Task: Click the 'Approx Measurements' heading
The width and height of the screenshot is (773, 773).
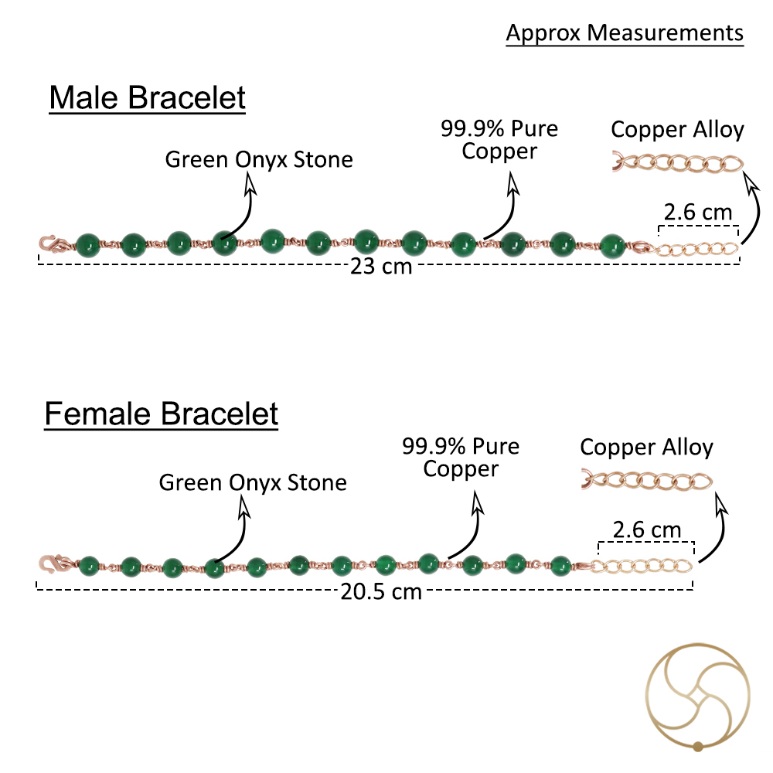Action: tap(625, 33)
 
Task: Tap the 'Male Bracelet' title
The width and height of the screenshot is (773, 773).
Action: tap(147, 97)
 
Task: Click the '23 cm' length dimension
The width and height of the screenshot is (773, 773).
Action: tap(380, 266)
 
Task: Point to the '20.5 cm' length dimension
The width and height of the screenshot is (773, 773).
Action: tap(381, 591)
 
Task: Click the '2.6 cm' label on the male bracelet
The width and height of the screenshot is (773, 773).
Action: tap(697, 213)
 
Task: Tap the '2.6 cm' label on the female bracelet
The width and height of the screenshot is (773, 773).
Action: tap(646, 530)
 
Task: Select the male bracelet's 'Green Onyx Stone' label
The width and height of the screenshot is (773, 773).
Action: tap(259, 160)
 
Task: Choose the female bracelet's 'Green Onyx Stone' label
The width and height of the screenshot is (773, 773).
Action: tap(253, 483)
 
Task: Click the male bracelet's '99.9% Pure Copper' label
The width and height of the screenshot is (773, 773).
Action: tap(499, 140)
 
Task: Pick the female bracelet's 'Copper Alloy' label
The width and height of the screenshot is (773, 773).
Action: tap(646, 448)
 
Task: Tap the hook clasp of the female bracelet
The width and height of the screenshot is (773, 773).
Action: tap(54, 563)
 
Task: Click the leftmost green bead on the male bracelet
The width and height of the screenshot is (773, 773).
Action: tap(88, 246)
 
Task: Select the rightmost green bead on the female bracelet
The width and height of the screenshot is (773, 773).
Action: tap(560, 566)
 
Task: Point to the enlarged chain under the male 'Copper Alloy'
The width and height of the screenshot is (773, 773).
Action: tap(678, 163)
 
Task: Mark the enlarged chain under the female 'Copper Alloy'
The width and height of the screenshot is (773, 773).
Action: tap(647, 481)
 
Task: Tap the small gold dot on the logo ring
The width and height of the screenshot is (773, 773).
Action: tap(697, 747)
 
